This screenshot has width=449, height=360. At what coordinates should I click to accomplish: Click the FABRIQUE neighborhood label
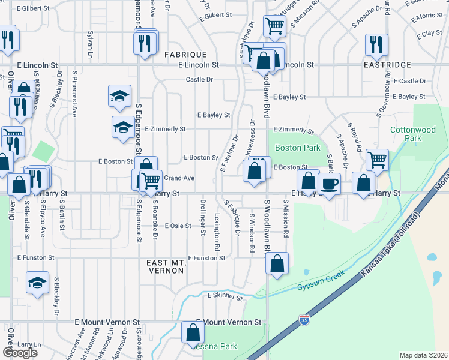pyautogui.click(x=185, y=54)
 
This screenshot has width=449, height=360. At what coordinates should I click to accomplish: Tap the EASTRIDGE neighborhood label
pyautogui.click(x=387, y=64)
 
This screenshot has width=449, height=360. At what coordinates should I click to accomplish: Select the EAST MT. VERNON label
pyautogui.click(x=165, y=266)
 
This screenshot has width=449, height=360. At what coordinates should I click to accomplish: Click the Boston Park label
pyautogui.click(x=294, y=148)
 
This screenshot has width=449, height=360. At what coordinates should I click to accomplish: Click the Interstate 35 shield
pyautogui.click(x=305, y=319)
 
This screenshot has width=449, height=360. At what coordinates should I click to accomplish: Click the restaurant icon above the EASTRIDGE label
pyautogui.click(x=376, y=44)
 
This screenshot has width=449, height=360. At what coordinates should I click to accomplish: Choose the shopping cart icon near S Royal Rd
pyautogui.click(x=377, y=159)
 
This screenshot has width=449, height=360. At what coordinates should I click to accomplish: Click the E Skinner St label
pyautogui.click(x=225, y=296)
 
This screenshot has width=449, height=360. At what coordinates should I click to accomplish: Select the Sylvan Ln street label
pyautogui.click(x=90, y=42)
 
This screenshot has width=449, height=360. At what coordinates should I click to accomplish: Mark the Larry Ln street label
pyautogui.click(x=29, y=345)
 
